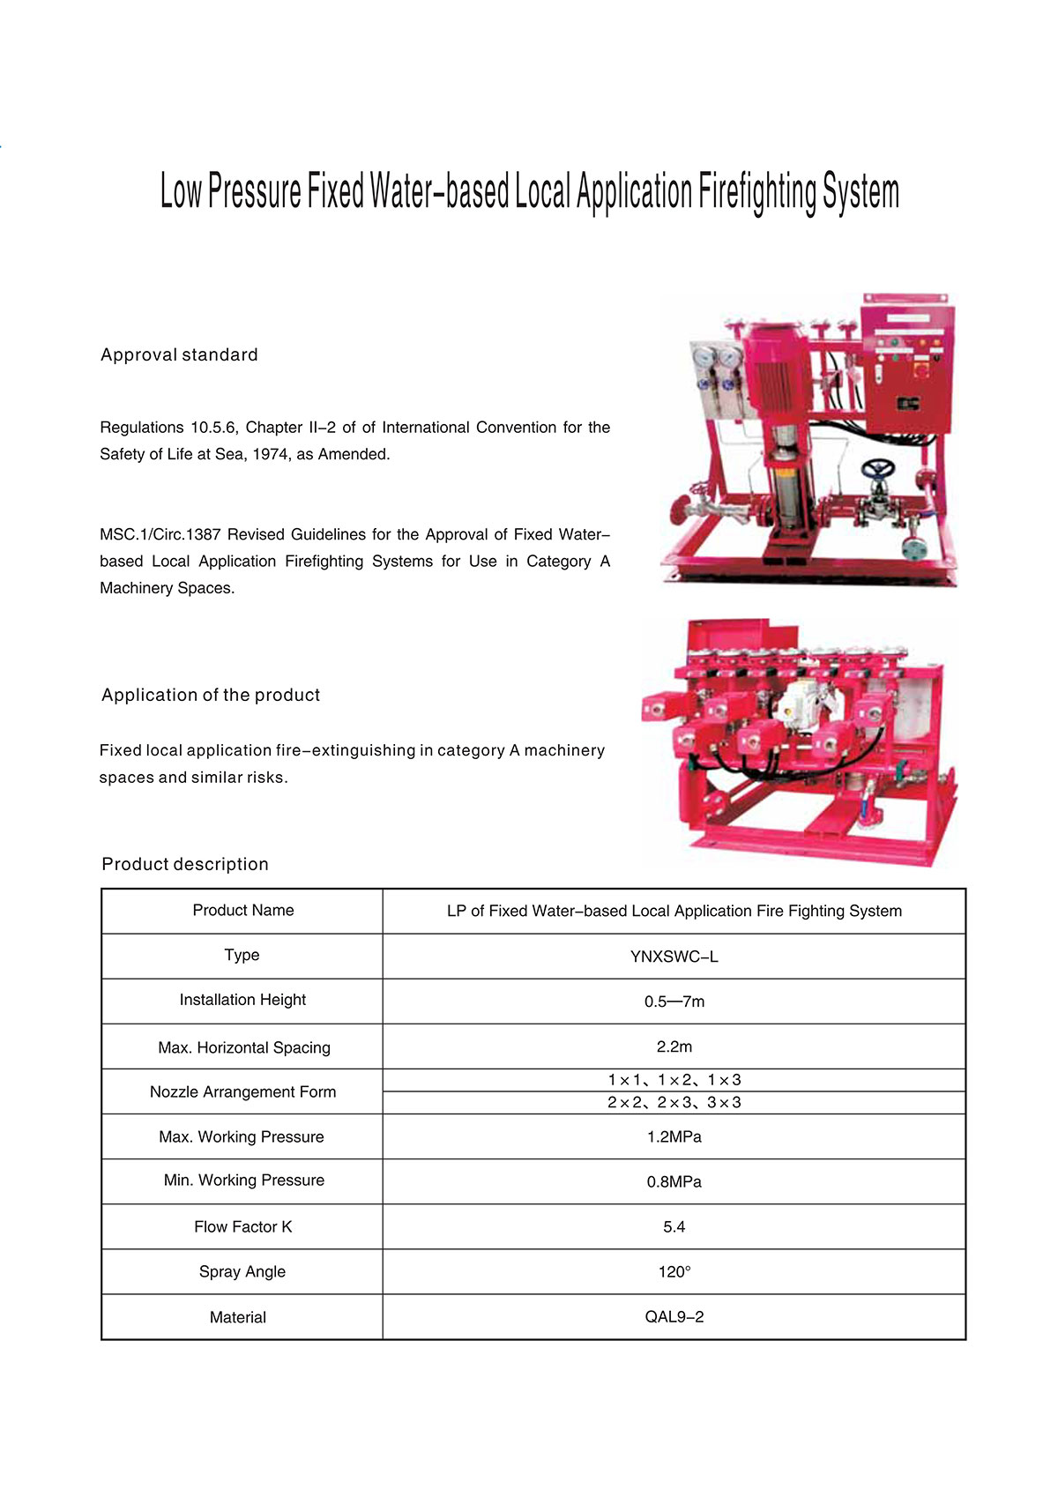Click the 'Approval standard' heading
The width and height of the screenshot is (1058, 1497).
(x=179, y=355)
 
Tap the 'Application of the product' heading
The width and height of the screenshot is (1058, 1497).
(x=211, y=696)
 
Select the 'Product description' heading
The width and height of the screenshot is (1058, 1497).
(x=185, y=865)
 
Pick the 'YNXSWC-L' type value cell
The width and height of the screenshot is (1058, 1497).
(x=674, y=957)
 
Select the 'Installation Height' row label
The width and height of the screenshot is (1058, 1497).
(x=242, y=1000)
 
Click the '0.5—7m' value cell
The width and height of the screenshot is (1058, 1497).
(x=674, y=1002)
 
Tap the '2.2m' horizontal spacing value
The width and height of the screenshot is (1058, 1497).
(x=674, y=1047)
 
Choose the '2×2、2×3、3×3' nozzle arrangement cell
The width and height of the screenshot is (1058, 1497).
(x=674, y=1103)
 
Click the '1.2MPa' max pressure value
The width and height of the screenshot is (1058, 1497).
(x=674, y=1137)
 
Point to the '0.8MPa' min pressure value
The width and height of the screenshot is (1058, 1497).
(x=674, y=1182)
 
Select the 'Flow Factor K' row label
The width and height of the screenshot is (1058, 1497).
(x=242, y=1227)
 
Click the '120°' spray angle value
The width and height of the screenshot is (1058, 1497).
(x=674, y=1272)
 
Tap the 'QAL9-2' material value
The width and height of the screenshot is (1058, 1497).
(x=674, y=1317)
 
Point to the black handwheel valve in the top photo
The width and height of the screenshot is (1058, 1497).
(x=878, y=467)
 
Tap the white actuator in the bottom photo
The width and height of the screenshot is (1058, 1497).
(x=802, y=702)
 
